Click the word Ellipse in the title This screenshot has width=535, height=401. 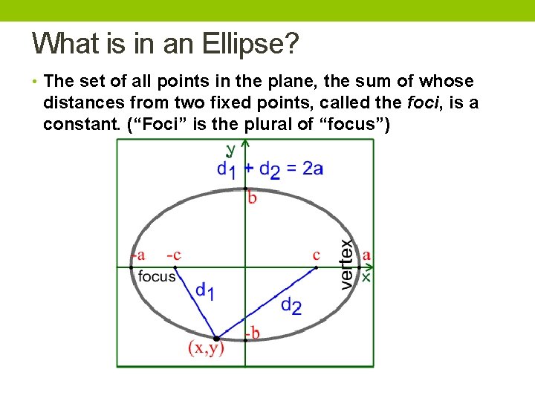pyautogui.click(x=247, y=44)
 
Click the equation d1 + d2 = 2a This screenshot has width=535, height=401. pyautogui.click(x=270, y=169)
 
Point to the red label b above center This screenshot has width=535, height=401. pyautogui.click(x=253, y=198)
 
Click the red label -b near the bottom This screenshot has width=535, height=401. pyautogui.click(x=253, y=333)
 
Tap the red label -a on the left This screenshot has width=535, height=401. pyautogui.click(x=137, y=255)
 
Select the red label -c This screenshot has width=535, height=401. pyautogui.click(x=173, y=255)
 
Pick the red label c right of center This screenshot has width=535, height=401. pyautogui.click(x=317, y=255)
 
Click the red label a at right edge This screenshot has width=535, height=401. pyautogui.click(x=366, y=255)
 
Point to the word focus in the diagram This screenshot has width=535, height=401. pyautogui.click(x=157, y=276)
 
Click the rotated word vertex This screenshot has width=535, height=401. pyautogui.click(x=346, y=264)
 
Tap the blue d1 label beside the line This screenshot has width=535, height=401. pyautogui.click(x=205, y=291)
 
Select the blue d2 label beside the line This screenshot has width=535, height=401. pyautogui.click(x=292, y=305)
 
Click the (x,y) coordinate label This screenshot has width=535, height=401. pyautogui.click(x=206, y=348)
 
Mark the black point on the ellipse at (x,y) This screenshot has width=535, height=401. pyautogui.click(x=216, y=339)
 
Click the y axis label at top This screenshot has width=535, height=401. pyautogui.click(x=230, y=149)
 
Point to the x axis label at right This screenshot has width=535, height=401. pyautogui.click(x=366, y=276)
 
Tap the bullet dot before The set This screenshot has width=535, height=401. pyautogui.click(x=36, y=81)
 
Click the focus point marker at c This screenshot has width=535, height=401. pyautogui.click(x=317, y=267)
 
